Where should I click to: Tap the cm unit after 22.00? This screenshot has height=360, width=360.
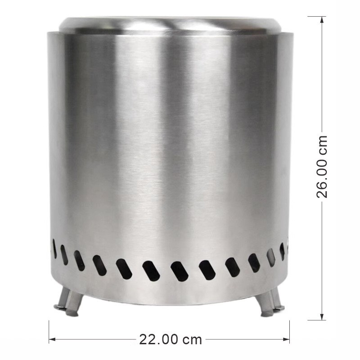pyautogui.click(x=192, y=341)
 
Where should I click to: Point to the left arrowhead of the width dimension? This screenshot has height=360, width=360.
pyautogui.click(x=53, y=339)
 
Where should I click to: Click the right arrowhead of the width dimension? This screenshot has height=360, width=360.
pyautogui.click(x=286, y=339)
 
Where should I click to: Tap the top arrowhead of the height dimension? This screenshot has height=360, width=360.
pyautogui.click(x=322, y=20)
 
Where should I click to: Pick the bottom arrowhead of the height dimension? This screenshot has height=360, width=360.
pyautogui.click(x=322, y=316)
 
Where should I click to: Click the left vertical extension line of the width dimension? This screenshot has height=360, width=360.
pyautogui.click(x=49, y=332)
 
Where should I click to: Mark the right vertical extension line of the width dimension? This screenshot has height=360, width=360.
pyautogui.click(x=289, y=332)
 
